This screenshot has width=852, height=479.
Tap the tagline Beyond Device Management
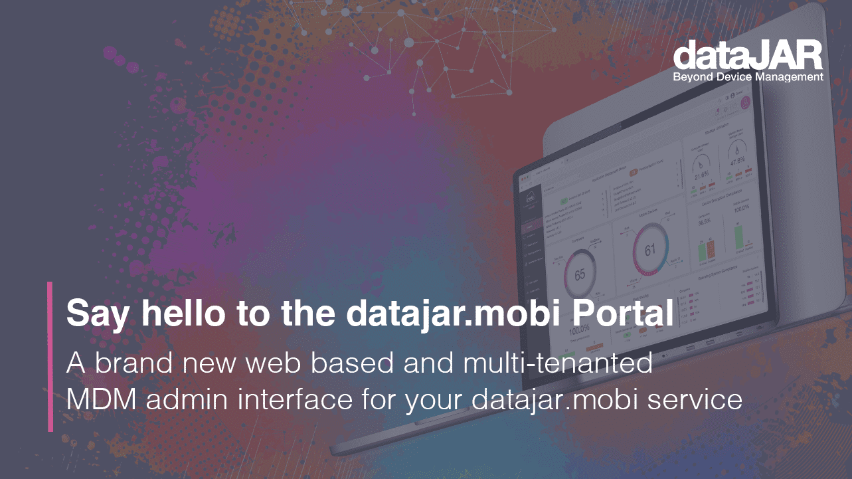(748, 78)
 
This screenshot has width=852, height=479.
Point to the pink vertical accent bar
(50, 356)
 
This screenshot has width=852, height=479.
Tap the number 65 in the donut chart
(580, 274)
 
